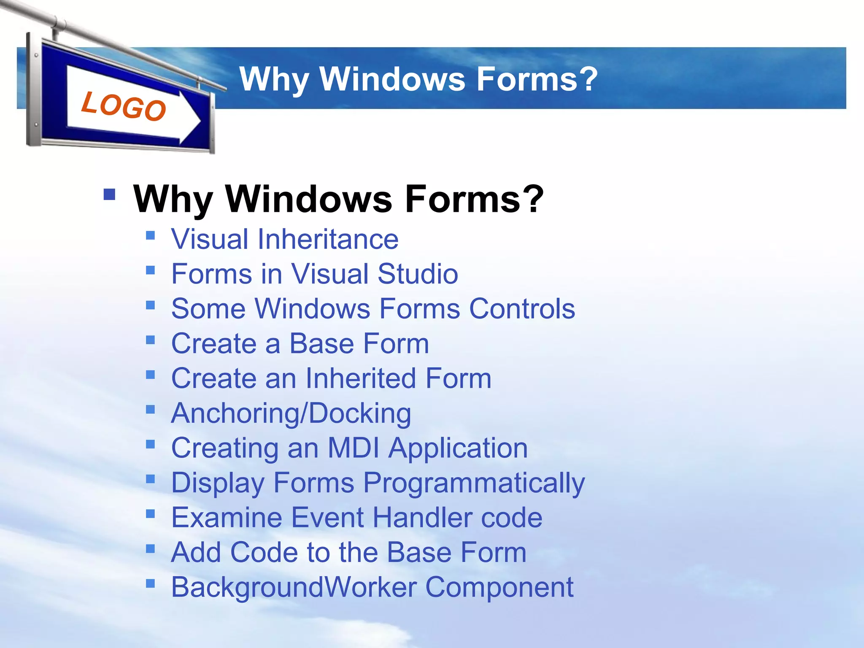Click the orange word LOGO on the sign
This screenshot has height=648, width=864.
pyautogui.click(x=124, y=106)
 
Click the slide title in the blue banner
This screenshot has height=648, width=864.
pyautogui.click(x=418, y=79)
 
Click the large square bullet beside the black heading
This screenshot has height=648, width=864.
pyautogui.click(x=109, y=194)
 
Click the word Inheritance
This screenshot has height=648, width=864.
pyautogui.click(x=328, y=239)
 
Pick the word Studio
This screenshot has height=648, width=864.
pyautogui.click(x=418, y=274)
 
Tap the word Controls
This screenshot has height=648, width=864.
pyautogui.click(x=522, y=308)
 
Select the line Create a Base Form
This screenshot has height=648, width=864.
pyautogui.click(x=300, y=343)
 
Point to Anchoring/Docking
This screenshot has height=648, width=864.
pyautogui.click(x=291, y=413)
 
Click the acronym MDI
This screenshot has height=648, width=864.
pyautogui.click(x=354, y=448)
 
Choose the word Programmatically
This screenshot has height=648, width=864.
pyautogui.click(x=474, y=483)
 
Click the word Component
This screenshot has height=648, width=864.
pyautogui.click(x=499, y=587)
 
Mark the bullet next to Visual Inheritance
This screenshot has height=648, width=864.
pyautogui.click(x=151, y=235)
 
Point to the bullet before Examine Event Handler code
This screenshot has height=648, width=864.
pyautogui.click(x=151, y=513)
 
